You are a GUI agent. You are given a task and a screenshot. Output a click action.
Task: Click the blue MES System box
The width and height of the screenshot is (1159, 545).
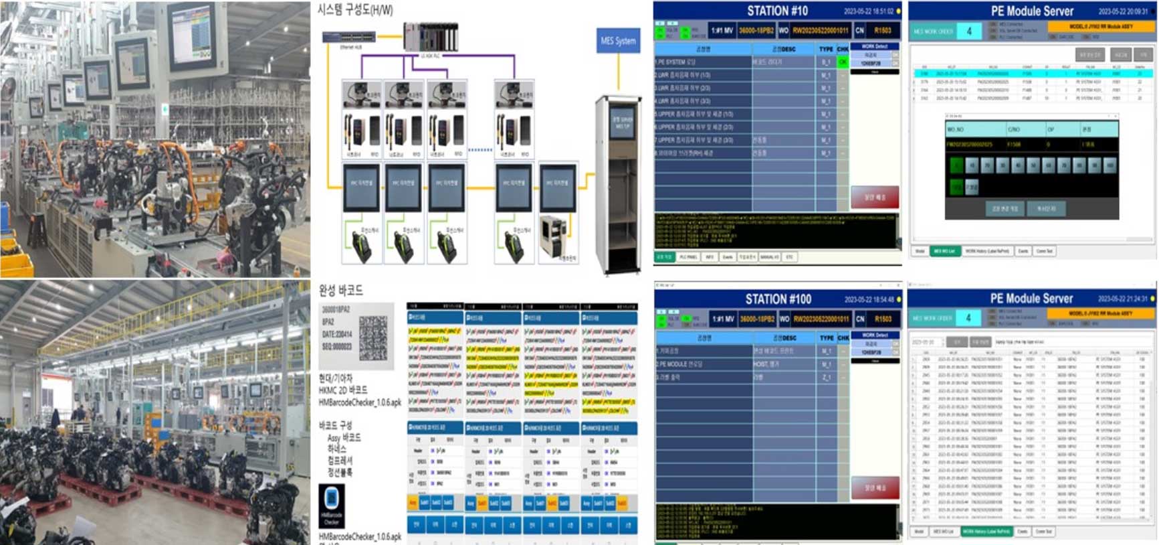(x=617, y=41)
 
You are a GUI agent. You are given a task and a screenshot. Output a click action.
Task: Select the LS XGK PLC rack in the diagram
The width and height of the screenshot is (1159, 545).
(x=431, y=36)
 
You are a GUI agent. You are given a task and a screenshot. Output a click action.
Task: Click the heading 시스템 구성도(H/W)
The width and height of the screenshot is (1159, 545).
(x=355, y=10)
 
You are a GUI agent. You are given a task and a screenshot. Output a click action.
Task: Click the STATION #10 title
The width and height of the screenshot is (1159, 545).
(x=777, y=11)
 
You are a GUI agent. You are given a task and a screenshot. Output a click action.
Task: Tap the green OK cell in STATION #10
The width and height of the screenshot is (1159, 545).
(x=843, y=62)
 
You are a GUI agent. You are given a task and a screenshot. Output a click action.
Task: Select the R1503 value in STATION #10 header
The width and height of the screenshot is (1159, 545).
(x=883, y=30)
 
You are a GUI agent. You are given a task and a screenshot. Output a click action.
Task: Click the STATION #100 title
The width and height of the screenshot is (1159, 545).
(x=778, y=299)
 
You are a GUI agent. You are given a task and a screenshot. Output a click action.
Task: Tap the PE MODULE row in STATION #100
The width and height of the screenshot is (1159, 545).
(x=702, y=364)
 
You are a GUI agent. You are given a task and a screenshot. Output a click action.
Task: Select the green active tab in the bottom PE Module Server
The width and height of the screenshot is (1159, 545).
(x=986, y=531)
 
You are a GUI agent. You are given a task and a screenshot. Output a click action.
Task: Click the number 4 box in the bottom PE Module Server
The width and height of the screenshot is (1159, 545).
(x=968, y=317)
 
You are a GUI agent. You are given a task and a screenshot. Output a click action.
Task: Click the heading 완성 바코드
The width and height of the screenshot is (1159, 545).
(x=340, y=290)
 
